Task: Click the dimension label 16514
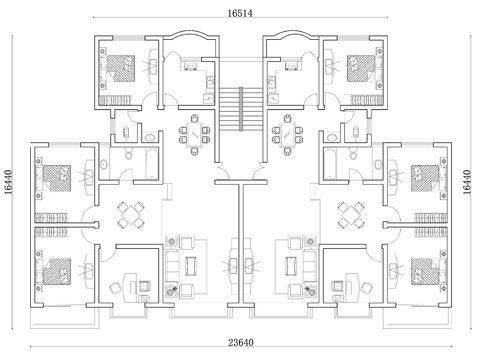click(240, 13)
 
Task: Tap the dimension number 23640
click(241, 342)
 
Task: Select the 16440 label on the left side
click(8, 182)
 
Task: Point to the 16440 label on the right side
click(467, 182)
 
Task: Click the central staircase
click(241, 109)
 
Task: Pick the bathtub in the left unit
click(152, 164)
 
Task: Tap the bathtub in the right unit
click(330, 164)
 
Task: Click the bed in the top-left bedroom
click(121, 69)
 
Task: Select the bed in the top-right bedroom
click(361, 69)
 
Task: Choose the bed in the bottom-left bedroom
click(57, 272)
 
